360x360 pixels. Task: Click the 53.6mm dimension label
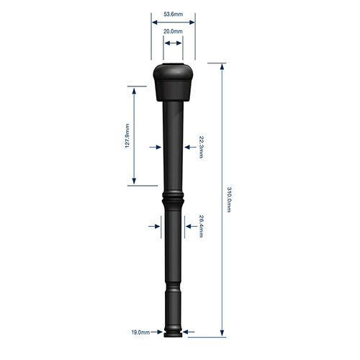click(x=173, y=14)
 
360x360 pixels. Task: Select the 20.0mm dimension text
click(x=173, y=31)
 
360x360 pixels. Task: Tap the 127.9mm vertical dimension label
click(x=127, y=135)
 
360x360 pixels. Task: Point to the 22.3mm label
click(x=202, y=147)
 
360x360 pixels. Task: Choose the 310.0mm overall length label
click(x=229, y=199)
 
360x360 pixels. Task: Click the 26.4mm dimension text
click(x=202, y=226)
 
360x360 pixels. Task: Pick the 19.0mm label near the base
click(x=140, y=333)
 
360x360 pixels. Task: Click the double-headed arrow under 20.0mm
click(x=173, y=43)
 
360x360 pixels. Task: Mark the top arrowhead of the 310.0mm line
click(x=222, y=67)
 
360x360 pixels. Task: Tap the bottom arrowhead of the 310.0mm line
click(x=222, y=333)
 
